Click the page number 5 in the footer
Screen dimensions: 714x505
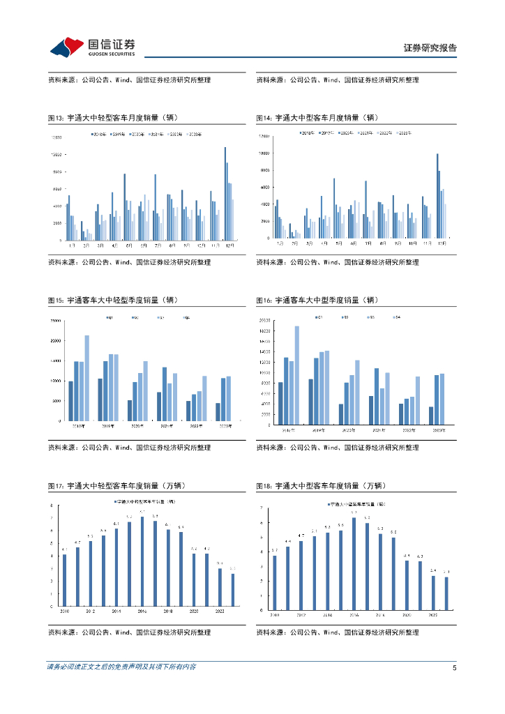pyautogui.click(x=454, y=667)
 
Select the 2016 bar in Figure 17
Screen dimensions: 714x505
pyautogui.click(x=142, y=561)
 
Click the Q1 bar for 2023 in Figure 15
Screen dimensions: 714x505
pyautogui.click(x=218, y=412)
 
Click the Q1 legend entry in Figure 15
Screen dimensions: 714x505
pyautogui.click(x=110, y=318)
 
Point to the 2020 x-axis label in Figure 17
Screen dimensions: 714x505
pyautogui.click(x=193, y=611)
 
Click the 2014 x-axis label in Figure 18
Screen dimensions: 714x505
pyautogui.click(x=328, y=615)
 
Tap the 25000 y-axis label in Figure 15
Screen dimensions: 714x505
pyautogui.click(x=54, y=321)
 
